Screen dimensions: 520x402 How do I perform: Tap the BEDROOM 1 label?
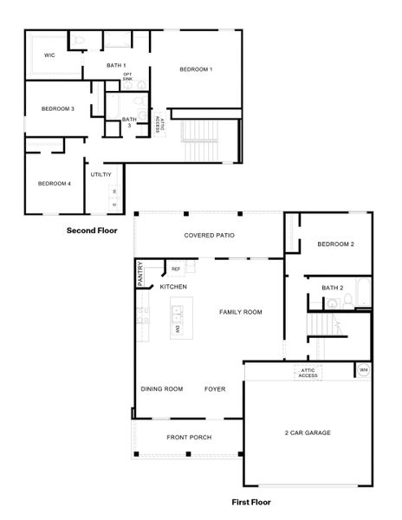[196, 69]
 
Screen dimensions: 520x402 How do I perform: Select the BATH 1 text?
[116, 66]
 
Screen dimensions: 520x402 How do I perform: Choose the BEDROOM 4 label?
[54, 184]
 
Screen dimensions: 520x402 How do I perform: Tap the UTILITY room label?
[101, 174]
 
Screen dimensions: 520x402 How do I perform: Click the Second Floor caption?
[92, 231]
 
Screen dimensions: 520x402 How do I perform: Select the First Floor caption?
[251, 502]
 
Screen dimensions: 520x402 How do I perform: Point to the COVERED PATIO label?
[210, 235]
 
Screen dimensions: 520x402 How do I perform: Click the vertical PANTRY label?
[139, 275]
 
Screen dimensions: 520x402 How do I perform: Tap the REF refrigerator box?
[176, 270]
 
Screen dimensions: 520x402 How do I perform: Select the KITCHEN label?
[173, 287]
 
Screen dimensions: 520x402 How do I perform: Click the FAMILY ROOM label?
[240, 312]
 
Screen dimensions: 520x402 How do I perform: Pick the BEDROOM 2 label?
[335, 244]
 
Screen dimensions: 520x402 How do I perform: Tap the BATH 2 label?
[333, 287]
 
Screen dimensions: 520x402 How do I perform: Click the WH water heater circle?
[363, 371]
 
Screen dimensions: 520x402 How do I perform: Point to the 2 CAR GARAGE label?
[308, 432]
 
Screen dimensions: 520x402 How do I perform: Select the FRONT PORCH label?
[189, 438]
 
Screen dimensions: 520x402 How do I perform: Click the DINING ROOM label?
[162, 389]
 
